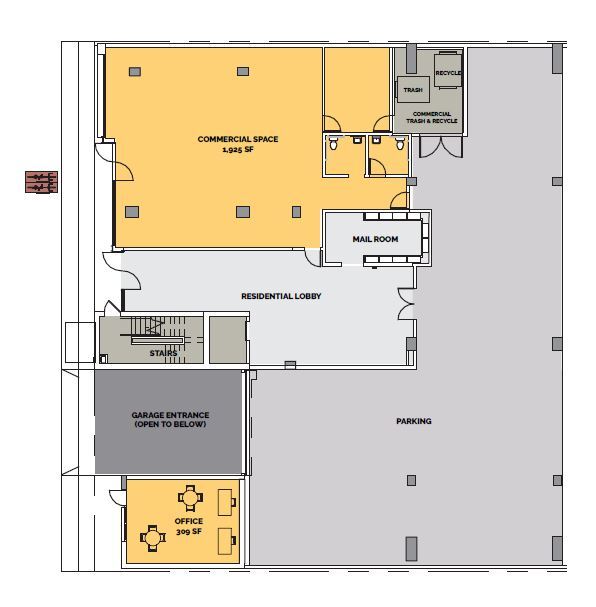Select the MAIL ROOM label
(x=376, y=240)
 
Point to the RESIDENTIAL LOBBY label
(x=281, y=296)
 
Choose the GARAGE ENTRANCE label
(x=169, y=419)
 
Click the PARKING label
(x=413, y=421)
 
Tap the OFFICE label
(x=188, y=521)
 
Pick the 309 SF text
(x=188, y=532)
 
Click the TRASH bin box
(x=413, y=90)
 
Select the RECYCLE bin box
(x=448, y=72)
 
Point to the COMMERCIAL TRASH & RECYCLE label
(x=431, y=117)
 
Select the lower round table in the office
(x=153, y=537)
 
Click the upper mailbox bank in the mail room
(x=397, y=217)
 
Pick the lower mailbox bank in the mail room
(x=397, y=261)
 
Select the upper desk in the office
(x=226, y=497)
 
